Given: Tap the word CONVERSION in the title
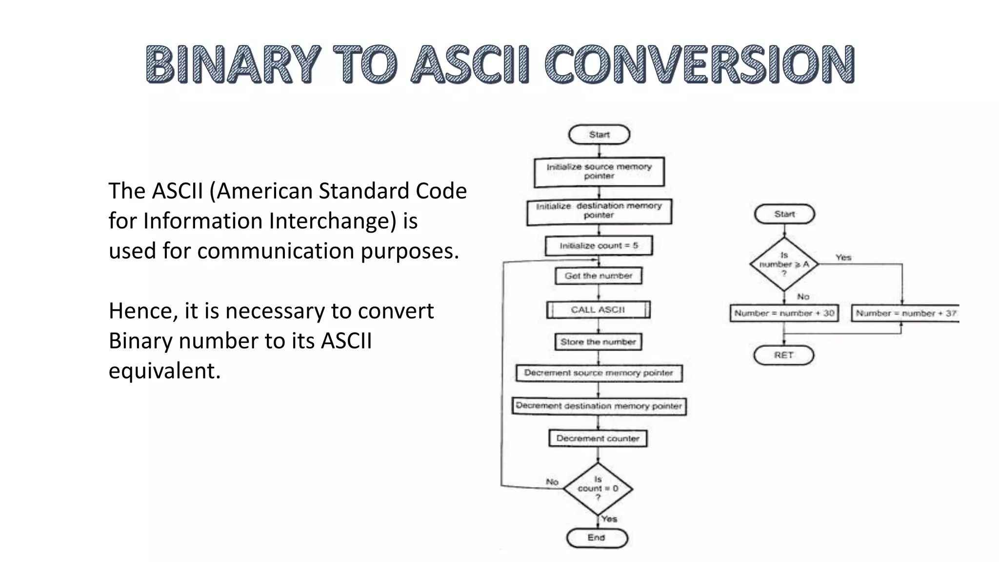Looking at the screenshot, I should (699, 64).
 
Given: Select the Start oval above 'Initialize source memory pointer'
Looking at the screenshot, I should (599, 135).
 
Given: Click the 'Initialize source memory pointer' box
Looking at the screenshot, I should (599, 172).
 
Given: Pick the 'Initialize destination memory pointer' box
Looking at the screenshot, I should (599, 211).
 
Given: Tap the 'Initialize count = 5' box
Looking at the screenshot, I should (599, 246).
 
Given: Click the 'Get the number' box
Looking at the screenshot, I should (599, 276).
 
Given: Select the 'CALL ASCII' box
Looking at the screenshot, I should (598, 310).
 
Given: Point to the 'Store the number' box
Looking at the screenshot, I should (598, 342).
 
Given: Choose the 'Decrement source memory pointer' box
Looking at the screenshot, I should (599, 373).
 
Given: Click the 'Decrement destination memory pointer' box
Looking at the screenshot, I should (599, 406).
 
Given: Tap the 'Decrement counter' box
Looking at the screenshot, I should (598, 439).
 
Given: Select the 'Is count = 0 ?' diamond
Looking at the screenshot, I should (598, 489).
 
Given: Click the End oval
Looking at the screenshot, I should (597, 538).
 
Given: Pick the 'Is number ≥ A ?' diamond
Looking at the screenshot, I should (784, 264).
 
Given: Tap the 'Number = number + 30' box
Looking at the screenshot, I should (784, 313).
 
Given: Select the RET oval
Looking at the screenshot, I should (783, 355).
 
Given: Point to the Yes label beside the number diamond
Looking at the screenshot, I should (843, 258).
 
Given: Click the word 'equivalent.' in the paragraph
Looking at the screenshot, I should (164, 371).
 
